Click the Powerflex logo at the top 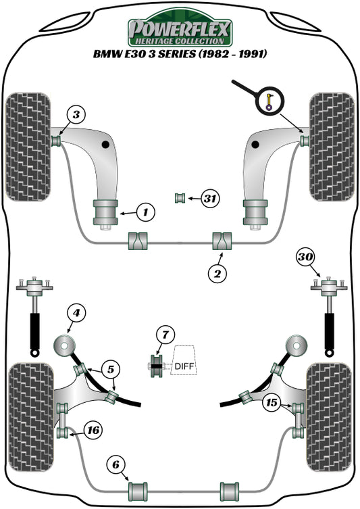pyautogui.click(x=180, y=30)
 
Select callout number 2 pyautogui.click(x=217, y=273)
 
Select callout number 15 pyautogui.click(x=272, y=403)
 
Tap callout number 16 pyautogui.click(x=93, y=429)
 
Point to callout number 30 pyautogui.click(x=305, y=257)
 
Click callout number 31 pyautogui.click(x=210, y=198)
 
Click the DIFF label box pyautogui.click(x=184, y=366)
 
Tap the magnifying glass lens pyautogui.click(x=269, y=102)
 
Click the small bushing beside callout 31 pyautogui.click(x=180, y=197)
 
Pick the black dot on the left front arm pyautogui.click(x=105, y=145)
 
